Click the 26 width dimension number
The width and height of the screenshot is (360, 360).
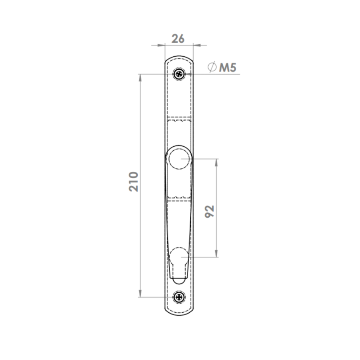tap(178, 39)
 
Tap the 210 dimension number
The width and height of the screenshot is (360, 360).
tap(133, 182)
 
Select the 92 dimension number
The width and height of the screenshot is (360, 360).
tap(209, 211)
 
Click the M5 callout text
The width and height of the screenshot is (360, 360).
tap(228, 67)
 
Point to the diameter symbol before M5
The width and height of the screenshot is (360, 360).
tap(212, 67)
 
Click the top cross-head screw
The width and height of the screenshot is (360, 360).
tap(179, 74)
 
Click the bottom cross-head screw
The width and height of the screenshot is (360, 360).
tap(179, 297)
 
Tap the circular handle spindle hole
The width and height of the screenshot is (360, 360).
tap(179, 159)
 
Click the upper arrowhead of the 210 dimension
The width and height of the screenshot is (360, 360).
tap(140, 78)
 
